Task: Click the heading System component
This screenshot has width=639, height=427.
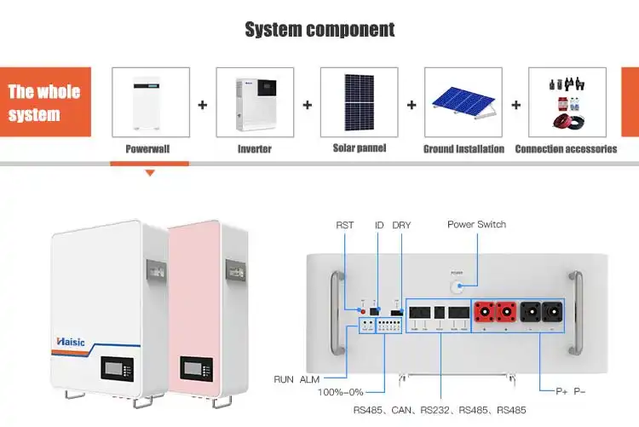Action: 319,30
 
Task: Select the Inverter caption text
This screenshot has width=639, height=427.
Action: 254,149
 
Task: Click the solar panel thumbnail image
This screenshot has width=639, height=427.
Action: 359,102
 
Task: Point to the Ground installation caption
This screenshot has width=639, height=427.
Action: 463,149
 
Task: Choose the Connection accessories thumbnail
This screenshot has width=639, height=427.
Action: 567,102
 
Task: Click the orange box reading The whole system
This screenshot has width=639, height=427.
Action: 44,102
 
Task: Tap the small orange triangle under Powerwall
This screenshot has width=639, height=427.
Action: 150,173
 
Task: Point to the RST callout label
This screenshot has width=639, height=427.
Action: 345,225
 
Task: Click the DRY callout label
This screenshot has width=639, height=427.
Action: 401,225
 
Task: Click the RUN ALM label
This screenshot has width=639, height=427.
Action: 295,379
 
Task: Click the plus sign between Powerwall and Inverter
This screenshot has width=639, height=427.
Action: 203,106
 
